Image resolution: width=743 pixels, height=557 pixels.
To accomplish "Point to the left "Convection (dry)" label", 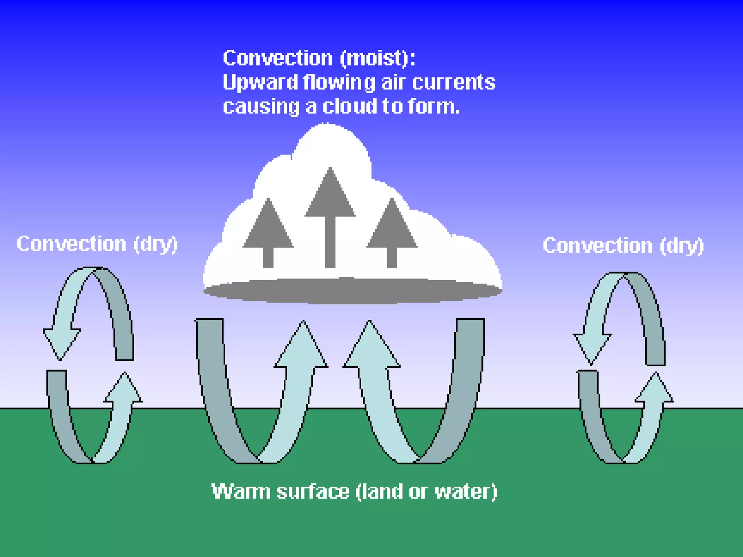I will [x=97, y=244].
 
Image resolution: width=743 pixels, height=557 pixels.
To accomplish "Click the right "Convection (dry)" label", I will [x=623, y=246].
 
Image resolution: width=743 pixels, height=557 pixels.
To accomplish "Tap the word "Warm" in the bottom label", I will [x=241, y=492].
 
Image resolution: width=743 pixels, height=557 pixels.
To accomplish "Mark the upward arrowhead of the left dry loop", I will [x=123, y=390].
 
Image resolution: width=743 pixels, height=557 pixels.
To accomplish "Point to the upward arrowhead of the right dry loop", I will [x=655, y=390].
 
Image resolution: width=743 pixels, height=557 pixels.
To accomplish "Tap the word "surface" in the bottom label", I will [x=313, y=492].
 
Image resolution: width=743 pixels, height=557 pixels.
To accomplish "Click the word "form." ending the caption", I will [x=434, y=107].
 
